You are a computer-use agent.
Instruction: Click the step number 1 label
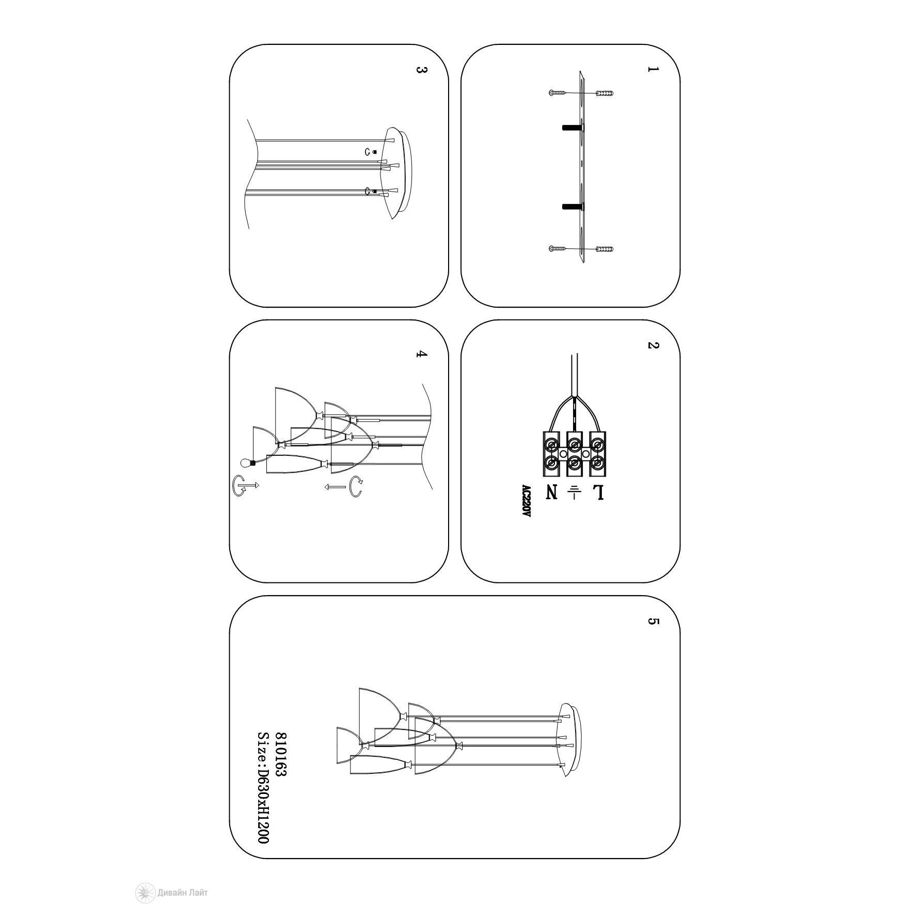click(653, 69)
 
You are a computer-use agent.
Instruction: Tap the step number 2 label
click(653, 345)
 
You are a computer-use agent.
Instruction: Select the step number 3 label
click(421, 69)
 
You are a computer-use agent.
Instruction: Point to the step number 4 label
click(421, 354)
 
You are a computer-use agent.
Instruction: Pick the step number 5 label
click(653, 621)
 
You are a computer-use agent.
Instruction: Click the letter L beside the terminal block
click(598, 492)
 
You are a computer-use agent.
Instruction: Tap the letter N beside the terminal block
click(552, 492)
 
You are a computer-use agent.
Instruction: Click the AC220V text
click(526, 501)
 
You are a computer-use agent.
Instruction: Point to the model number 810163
click(281, 754)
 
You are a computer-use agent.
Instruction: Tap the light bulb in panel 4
click(247, 463)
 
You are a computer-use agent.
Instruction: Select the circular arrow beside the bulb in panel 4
click(239, 486)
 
